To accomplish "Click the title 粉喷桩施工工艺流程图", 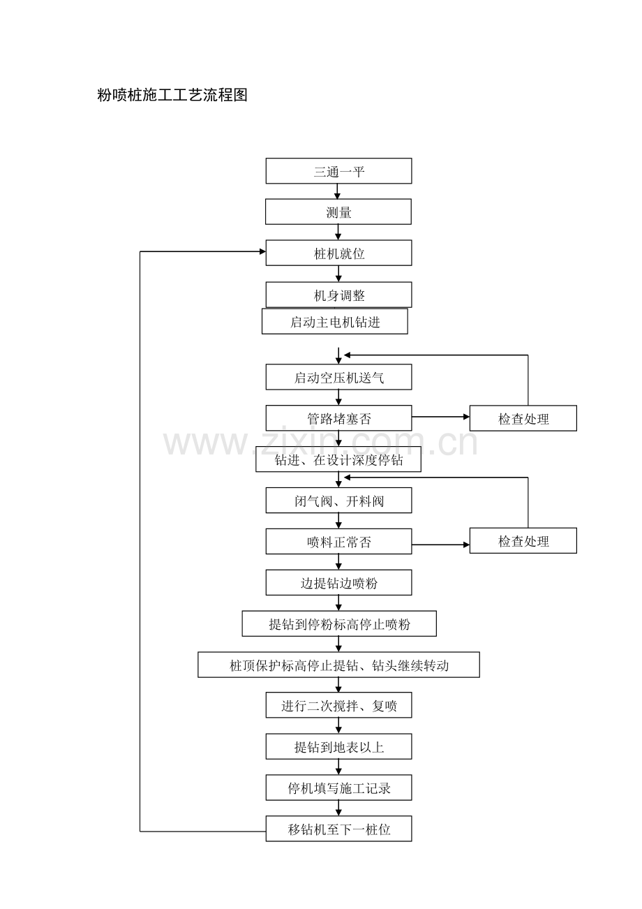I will pos(172,95).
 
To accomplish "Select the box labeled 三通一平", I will pos(338,171).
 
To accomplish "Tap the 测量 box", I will pos(338,212).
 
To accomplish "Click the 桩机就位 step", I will pos(338,253).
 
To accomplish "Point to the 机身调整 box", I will pos(338,295).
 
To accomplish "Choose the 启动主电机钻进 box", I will pos(335,322).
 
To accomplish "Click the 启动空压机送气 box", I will pos(338,378).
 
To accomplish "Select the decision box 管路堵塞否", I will pos(338,418).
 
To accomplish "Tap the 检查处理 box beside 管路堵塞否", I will pos(523,418).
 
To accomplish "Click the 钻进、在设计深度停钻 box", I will pos(338,460).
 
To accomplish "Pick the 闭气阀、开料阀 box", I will pos(338,501).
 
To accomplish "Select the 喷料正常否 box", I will pos(338,541).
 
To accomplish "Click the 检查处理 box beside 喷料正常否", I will pos(523,541).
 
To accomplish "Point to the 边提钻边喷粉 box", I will pos(338,583).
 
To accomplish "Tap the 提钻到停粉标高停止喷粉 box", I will pos(339,623).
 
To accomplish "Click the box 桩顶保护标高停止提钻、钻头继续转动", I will pos(338,665).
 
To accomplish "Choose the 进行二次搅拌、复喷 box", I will pos(338,706).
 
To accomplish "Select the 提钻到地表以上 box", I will pos(338,747).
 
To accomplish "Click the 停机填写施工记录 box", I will pos(338,788).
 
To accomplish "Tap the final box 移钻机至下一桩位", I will pos(338,829).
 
